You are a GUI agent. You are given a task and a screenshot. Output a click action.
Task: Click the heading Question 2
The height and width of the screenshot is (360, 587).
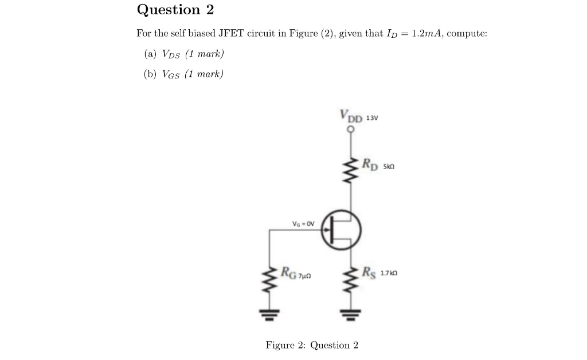click(175, 10)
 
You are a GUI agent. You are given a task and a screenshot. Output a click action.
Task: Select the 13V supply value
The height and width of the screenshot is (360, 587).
click(372, 118)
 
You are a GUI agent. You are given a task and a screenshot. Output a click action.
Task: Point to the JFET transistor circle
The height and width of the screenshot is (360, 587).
click(341, 230)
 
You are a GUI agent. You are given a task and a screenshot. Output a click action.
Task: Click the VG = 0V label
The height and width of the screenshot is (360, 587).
click(303, 224)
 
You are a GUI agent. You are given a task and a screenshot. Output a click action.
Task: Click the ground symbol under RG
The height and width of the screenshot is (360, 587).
click(270, 313)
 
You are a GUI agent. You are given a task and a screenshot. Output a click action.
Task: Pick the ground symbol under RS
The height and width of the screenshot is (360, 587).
click(350, 314)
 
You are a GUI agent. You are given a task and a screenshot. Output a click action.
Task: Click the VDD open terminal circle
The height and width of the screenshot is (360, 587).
click(350, 129)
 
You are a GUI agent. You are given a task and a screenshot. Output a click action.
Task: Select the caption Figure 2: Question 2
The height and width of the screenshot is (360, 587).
click(312, 345)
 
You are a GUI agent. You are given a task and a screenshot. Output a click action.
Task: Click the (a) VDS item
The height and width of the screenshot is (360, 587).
click(183, 54)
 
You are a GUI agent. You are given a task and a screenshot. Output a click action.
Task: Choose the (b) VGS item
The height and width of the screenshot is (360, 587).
click(183, 73)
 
